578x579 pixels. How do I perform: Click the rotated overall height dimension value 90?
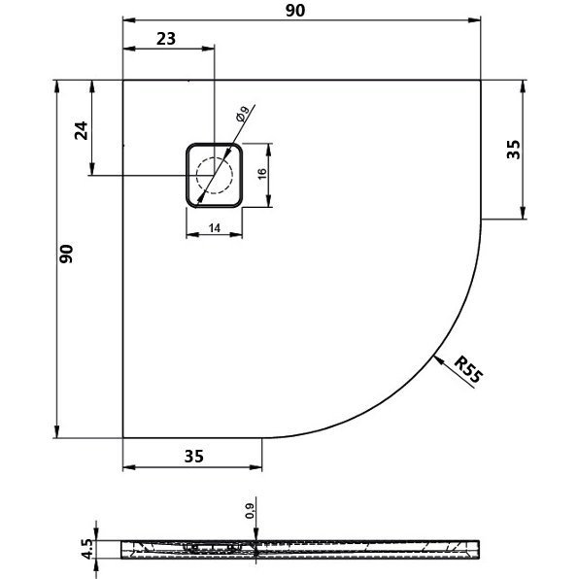65,255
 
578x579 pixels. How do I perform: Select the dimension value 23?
166,38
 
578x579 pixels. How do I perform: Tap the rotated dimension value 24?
82,129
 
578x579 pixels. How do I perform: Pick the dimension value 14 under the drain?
212,226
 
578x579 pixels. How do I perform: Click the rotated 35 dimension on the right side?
514,149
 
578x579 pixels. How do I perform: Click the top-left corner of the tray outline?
123,80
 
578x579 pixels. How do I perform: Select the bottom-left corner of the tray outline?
123,437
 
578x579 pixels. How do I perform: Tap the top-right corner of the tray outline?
483,80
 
